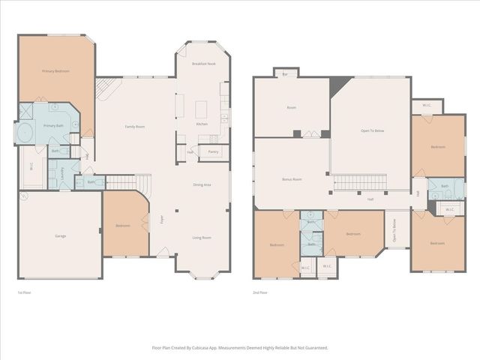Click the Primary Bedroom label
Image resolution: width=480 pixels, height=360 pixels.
coord(56,71)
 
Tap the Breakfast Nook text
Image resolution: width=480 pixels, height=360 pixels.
coord(203,64)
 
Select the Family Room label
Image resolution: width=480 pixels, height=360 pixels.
coord(134,127)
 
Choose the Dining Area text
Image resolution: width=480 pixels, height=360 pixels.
coord(202,184)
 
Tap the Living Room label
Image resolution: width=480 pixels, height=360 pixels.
coord(201,238)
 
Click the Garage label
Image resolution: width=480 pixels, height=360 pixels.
coord(60,236)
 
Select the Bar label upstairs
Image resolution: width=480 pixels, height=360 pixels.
coord(285,74)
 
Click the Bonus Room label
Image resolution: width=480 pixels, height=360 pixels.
coord(291,180)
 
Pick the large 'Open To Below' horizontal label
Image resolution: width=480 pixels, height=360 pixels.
coord(372,131)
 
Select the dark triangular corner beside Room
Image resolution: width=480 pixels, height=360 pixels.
coord(337,84)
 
